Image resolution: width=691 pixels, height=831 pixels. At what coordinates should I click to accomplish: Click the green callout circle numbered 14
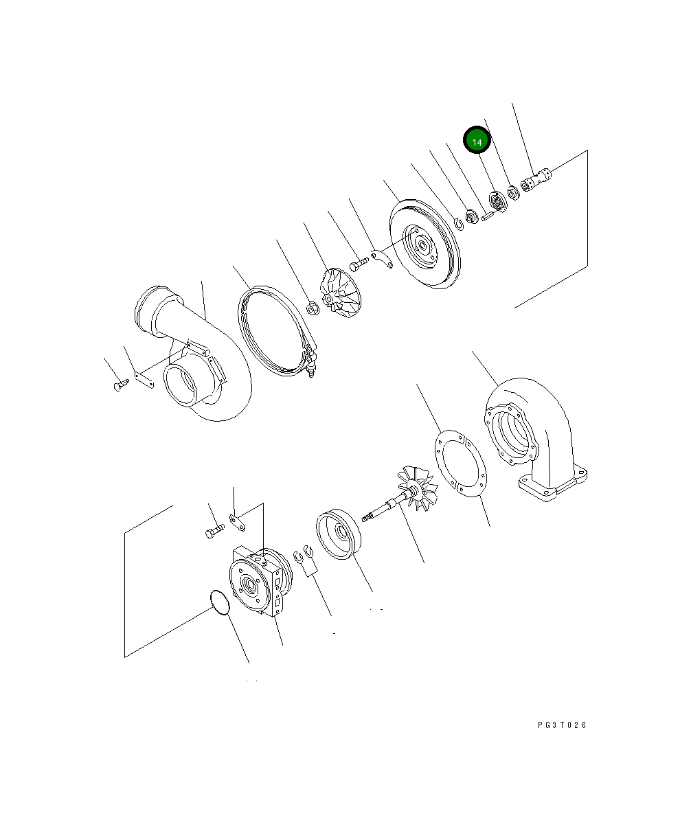477,140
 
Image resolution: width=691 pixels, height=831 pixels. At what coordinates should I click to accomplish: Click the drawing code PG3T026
563,725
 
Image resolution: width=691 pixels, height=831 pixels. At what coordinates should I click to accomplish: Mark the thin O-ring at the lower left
219,602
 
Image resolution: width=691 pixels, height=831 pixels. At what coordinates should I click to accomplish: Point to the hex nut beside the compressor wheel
310,308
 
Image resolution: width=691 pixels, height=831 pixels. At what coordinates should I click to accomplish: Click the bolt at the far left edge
120,385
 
